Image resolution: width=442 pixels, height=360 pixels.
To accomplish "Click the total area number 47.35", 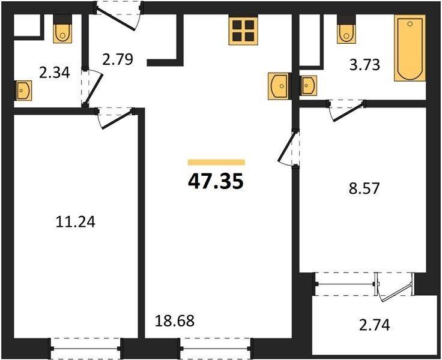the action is click(216, 181).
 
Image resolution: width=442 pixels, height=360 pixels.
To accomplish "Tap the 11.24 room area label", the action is click(76, 221).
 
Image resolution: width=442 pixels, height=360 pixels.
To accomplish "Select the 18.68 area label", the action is click(175, 320).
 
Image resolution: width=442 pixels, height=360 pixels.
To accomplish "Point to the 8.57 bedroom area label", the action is click(364, 188).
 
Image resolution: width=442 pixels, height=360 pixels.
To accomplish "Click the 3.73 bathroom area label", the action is click(365, 65).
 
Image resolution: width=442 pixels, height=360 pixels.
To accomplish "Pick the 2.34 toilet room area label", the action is click(55, 73).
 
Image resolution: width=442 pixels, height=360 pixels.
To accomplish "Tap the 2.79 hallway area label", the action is click(117, 59).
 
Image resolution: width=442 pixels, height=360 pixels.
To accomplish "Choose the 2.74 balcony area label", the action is click(375, 325).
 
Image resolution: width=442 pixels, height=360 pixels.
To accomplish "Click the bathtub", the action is click(410, 48).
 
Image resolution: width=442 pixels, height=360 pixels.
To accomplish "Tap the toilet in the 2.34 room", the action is click(62, 29).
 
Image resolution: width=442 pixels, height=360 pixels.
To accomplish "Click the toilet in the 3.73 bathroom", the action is click(347, 29).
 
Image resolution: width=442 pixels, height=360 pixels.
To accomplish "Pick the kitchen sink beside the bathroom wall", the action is click(279, 86).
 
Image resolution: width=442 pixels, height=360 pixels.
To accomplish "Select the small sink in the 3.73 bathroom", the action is click(308, 85).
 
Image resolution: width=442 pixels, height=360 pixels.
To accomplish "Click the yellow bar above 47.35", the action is click(216, 162).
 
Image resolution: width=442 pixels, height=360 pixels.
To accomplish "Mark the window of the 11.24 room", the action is click(86, 349).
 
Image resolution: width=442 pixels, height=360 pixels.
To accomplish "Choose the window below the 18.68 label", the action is click(216, 349).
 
